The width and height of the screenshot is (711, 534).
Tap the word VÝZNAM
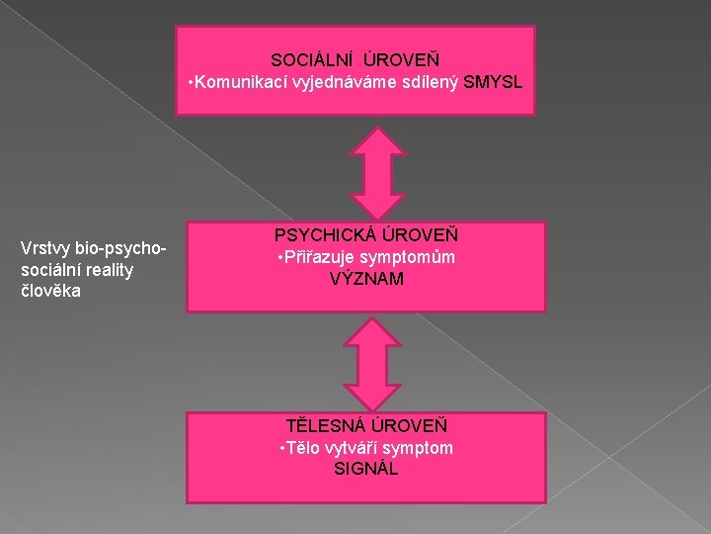[366, 280]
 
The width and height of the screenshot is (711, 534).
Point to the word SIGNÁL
[366, 469]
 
